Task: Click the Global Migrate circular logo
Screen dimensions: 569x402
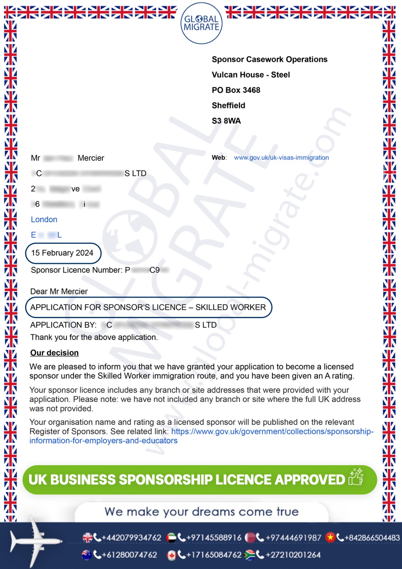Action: tap(202, 23)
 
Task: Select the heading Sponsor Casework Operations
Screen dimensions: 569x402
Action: tap(269, 59)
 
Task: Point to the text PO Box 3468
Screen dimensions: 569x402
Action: tap(236, 90)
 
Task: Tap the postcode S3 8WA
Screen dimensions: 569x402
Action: tap(226, 121)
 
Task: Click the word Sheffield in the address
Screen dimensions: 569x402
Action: tap(229, 106)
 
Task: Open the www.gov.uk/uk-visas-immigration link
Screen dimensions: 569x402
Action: tap(281, 158)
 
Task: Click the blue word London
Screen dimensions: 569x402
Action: tap(44, 219)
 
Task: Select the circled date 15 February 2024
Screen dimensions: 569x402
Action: tap(62, 253)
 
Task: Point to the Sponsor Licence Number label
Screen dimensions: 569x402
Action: tap(77, 270)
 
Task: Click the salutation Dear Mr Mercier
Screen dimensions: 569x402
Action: tap(59, 292)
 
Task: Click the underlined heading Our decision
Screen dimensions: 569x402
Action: tap(54, 353)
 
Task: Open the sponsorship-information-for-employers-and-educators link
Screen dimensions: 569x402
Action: tap(272, 432)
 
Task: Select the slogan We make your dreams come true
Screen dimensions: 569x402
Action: tap(202, 512)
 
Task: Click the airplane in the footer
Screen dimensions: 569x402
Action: tap(34, 541)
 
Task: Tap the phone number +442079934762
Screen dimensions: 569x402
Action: tap(131, 538)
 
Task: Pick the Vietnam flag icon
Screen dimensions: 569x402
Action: tap(331, 537)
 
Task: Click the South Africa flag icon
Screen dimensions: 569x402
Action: tap(250, 555)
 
